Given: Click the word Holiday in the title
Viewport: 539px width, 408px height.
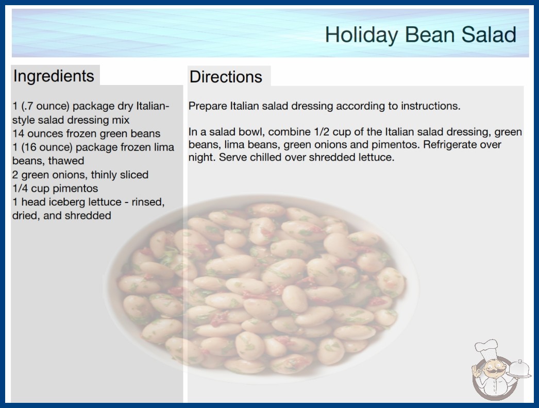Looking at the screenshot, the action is point(361,35).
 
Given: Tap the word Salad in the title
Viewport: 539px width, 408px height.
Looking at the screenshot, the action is point(489,35).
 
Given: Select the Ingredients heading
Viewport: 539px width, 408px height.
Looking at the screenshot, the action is point(54,76).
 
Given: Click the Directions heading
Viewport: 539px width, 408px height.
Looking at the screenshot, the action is point(226,77).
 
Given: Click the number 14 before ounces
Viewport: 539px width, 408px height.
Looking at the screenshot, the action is point(18,133).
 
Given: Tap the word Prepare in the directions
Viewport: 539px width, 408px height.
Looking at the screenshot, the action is point(208,106).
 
